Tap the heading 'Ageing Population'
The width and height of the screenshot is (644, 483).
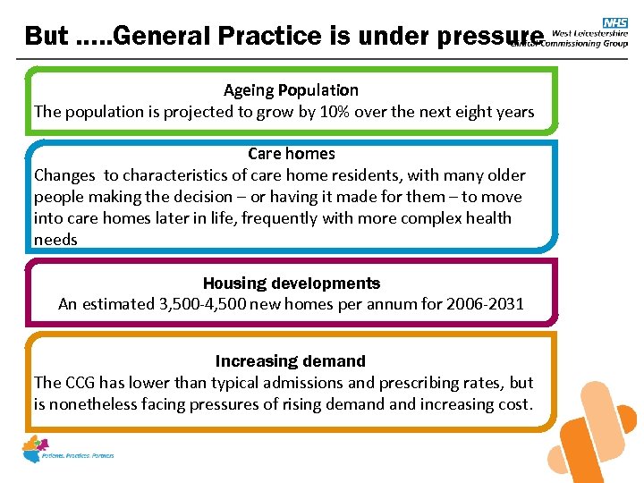point(291,90)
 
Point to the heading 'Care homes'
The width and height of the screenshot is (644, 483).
point(291,154)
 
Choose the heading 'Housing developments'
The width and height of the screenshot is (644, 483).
point(291,284)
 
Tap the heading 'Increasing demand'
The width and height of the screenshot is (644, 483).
point(291,361)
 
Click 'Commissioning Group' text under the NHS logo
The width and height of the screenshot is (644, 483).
point(589,41)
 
